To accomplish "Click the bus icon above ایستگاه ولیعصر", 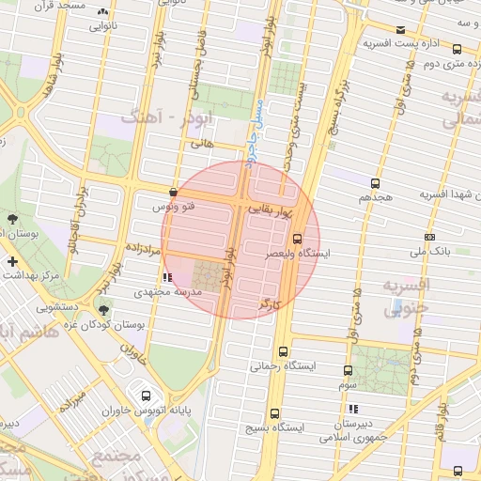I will click(298, 239).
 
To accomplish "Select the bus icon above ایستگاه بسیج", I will click(274, 412).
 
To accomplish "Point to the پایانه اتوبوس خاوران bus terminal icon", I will click(145, 395).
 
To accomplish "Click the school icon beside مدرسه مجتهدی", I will click(167, 277).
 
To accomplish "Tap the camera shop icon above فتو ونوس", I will click(173, 191).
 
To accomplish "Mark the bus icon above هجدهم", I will click(376, 183).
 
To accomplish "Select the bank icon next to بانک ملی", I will click(430, 237).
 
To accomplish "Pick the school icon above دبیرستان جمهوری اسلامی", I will click(353, 410).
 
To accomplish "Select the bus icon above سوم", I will click(348, 371).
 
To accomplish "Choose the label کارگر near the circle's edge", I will click(271, 306).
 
